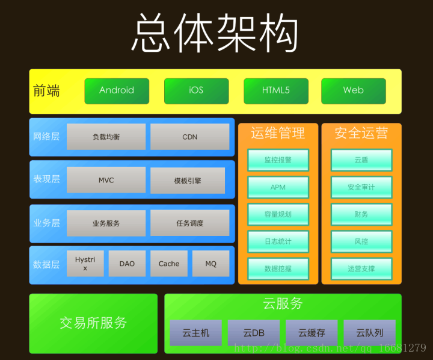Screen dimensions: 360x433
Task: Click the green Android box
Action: pyautogui.click(x=117, y=91)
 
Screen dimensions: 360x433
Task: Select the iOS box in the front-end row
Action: pyautogui.click(x=196, y=91)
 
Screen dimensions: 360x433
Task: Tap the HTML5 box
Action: pyautogui.click(x=275, y=91)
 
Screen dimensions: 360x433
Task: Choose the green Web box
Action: pyautogui.click(x=353, y=91)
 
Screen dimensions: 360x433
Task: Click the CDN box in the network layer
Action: pyautogui.click(x=189, y=137)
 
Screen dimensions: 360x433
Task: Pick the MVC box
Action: pyautogui.click(x=106, y=180)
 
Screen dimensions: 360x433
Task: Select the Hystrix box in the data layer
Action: pyautogui.click(x=85, y=264)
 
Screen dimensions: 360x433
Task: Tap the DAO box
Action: pyautogui.click(x=127, y=264)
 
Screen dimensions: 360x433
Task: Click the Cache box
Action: pyautogui.click(x=169, y=264)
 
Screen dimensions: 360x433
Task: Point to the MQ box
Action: pyautogui.click(x=210, y=264)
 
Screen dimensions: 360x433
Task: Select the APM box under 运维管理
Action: pyautogui.click(x=278, y=187)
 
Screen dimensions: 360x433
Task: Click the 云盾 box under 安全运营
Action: pyautogui.click(x=361, y=160)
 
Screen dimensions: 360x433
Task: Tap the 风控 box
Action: pyautogui.click(x=361, y=241)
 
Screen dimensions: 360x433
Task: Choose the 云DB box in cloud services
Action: pyautogui.click(x=254, y=332)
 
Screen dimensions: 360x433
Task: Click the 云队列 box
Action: pyautogui.click(x=369, y=332)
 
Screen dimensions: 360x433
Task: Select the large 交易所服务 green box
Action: pyautogui.click(x=93, y=323)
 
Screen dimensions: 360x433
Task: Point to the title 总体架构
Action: pyautogui.click(x=215, y=33)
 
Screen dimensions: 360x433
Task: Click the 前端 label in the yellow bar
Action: pyautogui.click(x=46, y=91)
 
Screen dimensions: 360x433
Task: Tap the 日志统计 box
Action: pyautogui.click(x=278, y=241)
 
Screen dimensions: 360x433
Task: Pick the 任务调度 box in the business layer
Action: pyautogui.click(x=189, y=223)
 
